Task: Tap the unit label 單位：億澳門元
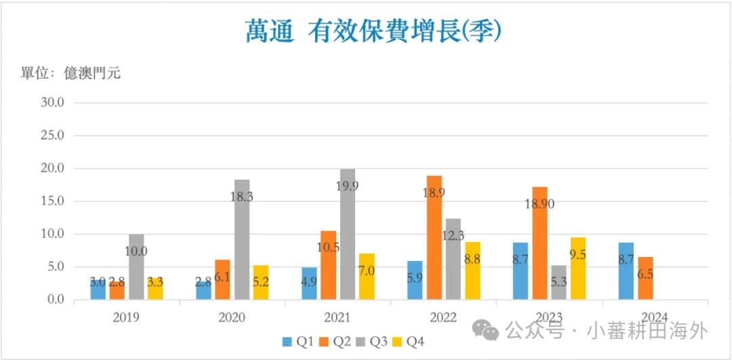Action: tap(70, 73)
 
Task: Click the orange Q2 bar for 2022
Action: tap(434, 237)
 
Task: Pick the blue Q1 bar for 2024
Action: tap(626, 271)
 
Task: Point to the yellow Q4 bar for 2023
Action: tap(578, 268)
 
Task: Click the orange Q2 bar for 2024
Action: tap(646, 278)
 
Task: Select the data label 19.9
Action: tap(346, 186)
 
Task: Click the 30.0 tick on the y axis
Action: tap(52, 103)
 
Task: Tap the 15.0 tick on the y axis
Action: tap(52, 201)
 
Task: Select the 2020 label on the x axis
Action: tap(232, 317)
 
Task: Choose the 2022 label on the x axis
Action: tap(443, 317)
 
